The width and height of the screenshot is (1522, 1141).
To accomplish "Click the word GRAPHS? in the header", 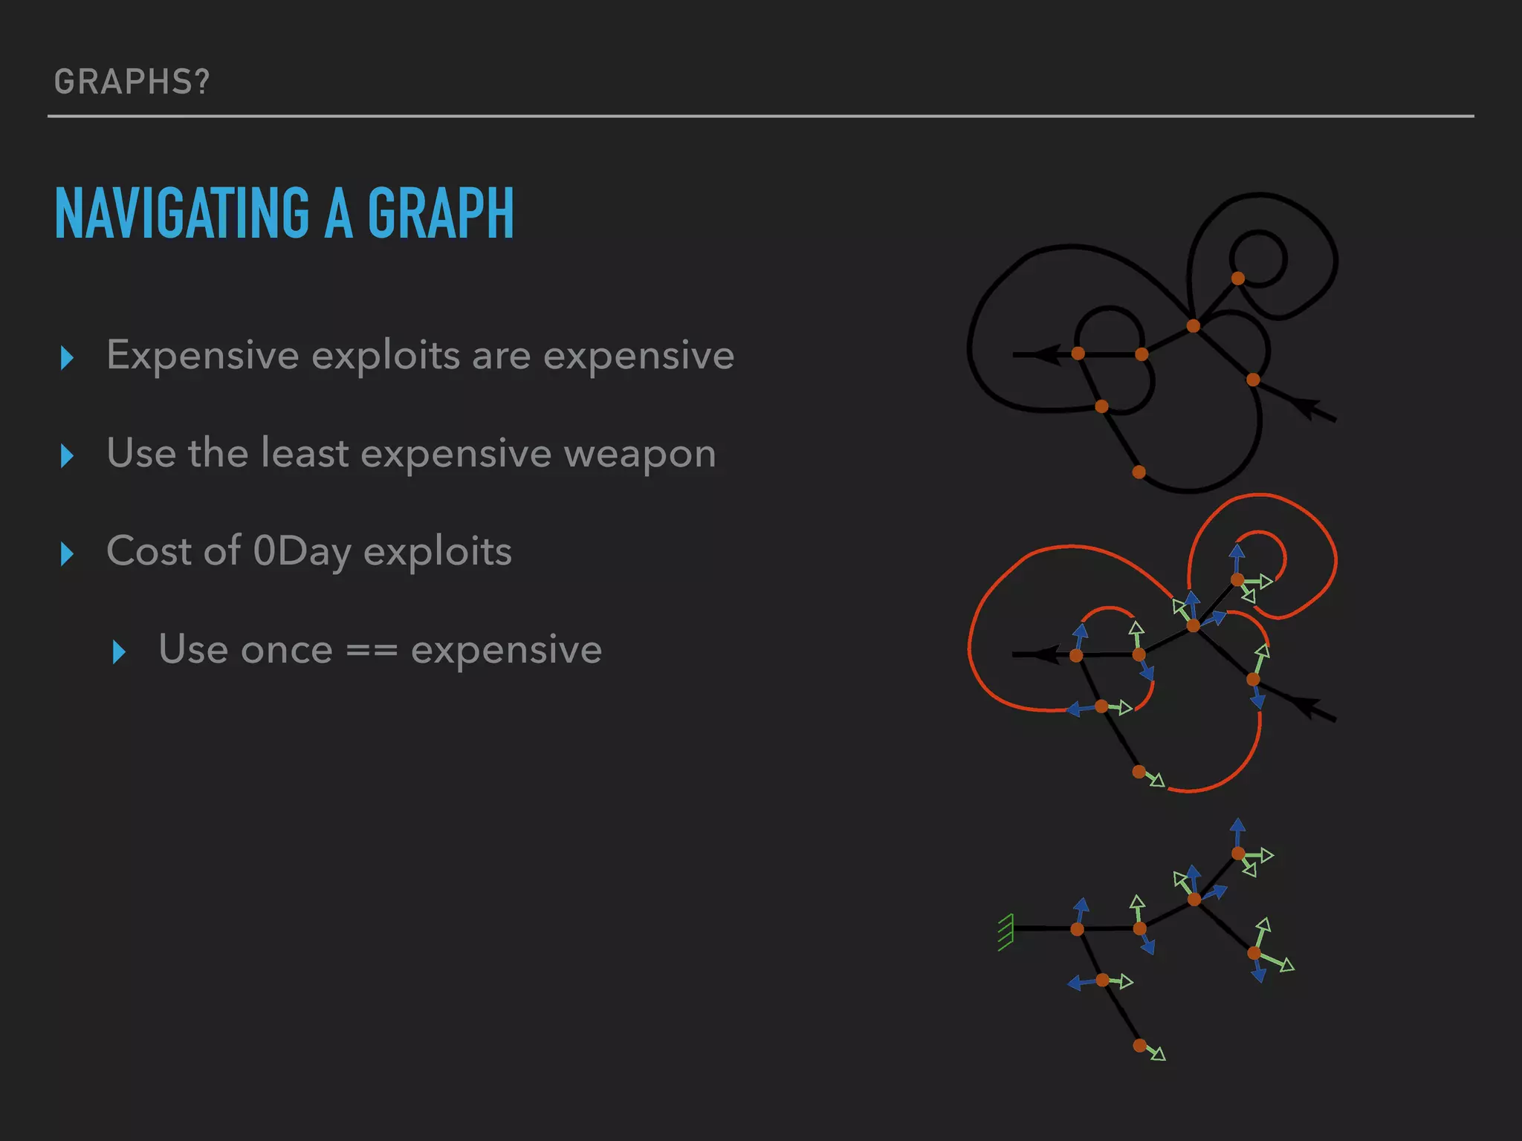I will point(132,82).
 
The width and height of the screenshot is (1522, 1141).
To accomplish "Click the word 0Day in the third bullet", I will point(302,551).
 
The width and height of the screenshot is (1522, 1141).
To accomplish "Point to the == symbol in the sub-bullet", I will point(372,651).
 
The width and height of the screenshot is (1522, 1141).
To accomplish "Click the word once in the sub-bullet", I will point(287,651).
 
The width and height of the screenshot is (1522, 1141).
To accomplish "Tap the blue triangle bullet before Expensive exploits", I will point(67,357).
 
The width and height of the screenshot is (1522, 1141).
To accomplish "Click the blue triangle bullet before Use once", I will point(119,651).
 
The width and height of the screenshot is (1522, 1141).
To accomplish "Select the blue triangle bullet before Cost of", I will point(67,553).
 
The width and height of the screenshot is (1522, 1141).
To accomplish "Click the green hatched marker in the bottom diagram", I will point(1006,932).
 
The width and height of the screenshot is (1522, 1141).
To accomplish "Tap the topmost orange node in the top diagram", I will point(1237,279).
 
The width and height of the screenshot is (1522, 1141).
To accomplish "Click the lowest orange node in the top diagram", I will point(1139,472).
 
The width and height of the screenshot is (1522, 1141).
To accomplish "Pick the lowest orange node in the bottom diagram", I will point(1139,1045).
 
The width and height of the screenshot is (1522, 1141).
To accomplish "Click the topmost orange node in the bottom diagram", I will point(1237,854).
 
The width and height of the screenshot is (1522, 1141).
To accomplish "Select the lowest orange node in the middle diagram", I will point(1139,772).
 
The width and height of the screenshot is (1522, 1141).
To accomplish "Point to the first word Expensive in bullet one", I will point(202,355).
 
